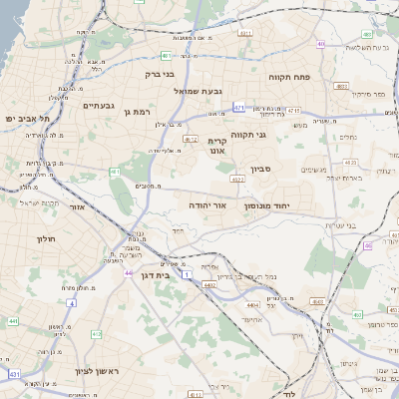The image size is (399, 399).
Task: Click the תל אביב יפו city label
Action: click(21, 118)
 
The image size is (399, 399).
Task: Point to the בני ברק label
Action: click(160, 73)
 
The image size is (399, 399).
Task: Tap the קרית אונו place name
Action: click(218, 147)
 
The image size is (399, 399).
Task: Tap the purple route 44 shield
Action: click(128, 271)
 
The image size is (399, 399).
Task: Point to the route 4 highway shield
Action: click(71, 302)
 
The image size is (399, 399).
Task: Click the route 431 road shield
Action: click(14, 373)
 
